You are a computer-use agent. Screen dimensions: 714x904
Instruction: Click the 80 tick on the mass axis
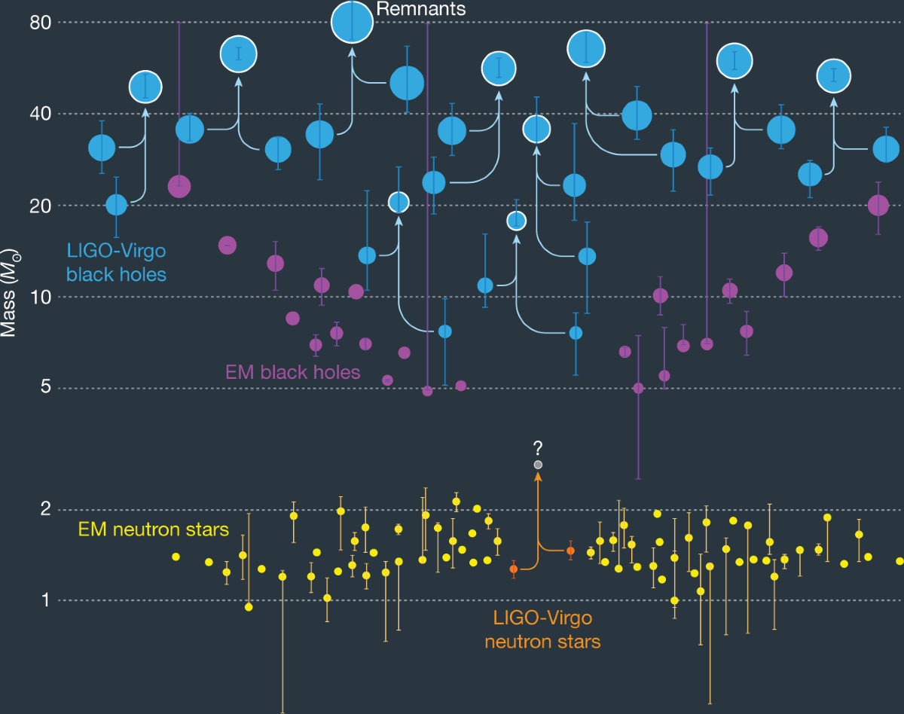(40, 23)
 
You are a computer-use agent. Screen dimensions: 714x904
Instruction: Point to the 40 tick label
(40, 114)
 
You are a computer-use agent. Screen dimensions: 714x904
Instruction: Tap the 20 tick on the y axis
(40, 206)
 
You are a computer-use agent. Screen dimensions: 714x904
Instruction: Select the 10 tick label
(40, 297)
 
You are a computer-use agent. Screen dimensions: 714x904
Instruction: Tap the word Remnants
(420, 10)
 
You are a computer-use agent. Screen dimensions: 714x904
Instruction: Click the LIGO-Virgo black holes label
(116, 261)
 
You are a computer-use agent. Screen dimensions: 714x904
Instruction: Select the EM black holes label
(292, 371)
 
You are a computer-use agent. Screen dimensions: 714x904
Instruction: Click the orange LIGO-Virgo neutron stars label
(542, 630)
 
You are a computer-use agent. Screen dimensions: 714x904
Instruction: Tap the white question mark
(538, 449)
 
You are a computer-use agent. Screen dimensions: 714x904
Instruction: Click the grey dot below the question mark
(538, 465)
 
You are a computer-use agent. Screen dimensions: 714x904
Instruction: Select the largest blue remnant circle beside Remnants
(352, 23)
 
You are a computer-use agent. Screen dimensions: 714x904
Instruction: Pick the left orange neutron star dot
(514, 569)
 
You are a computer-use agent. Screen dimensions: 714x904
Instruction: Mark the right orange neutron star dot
(570, 551)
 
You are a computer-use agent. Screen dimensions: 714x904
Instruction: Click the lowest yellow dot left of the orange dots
(249, 607)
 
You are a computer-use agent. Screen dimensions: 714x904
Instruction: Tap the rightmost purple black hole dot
(878, 205)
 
